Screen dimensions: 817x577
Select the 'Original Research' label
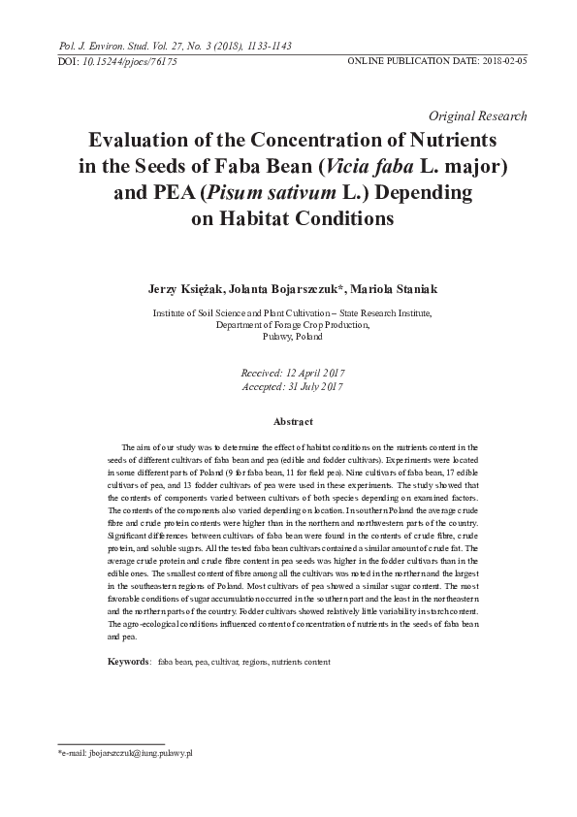click(484, 115)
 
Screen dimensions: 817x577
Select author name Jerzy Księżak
click(184, 289)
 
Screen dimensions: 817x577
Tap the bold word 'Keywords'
click(127, 661)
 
